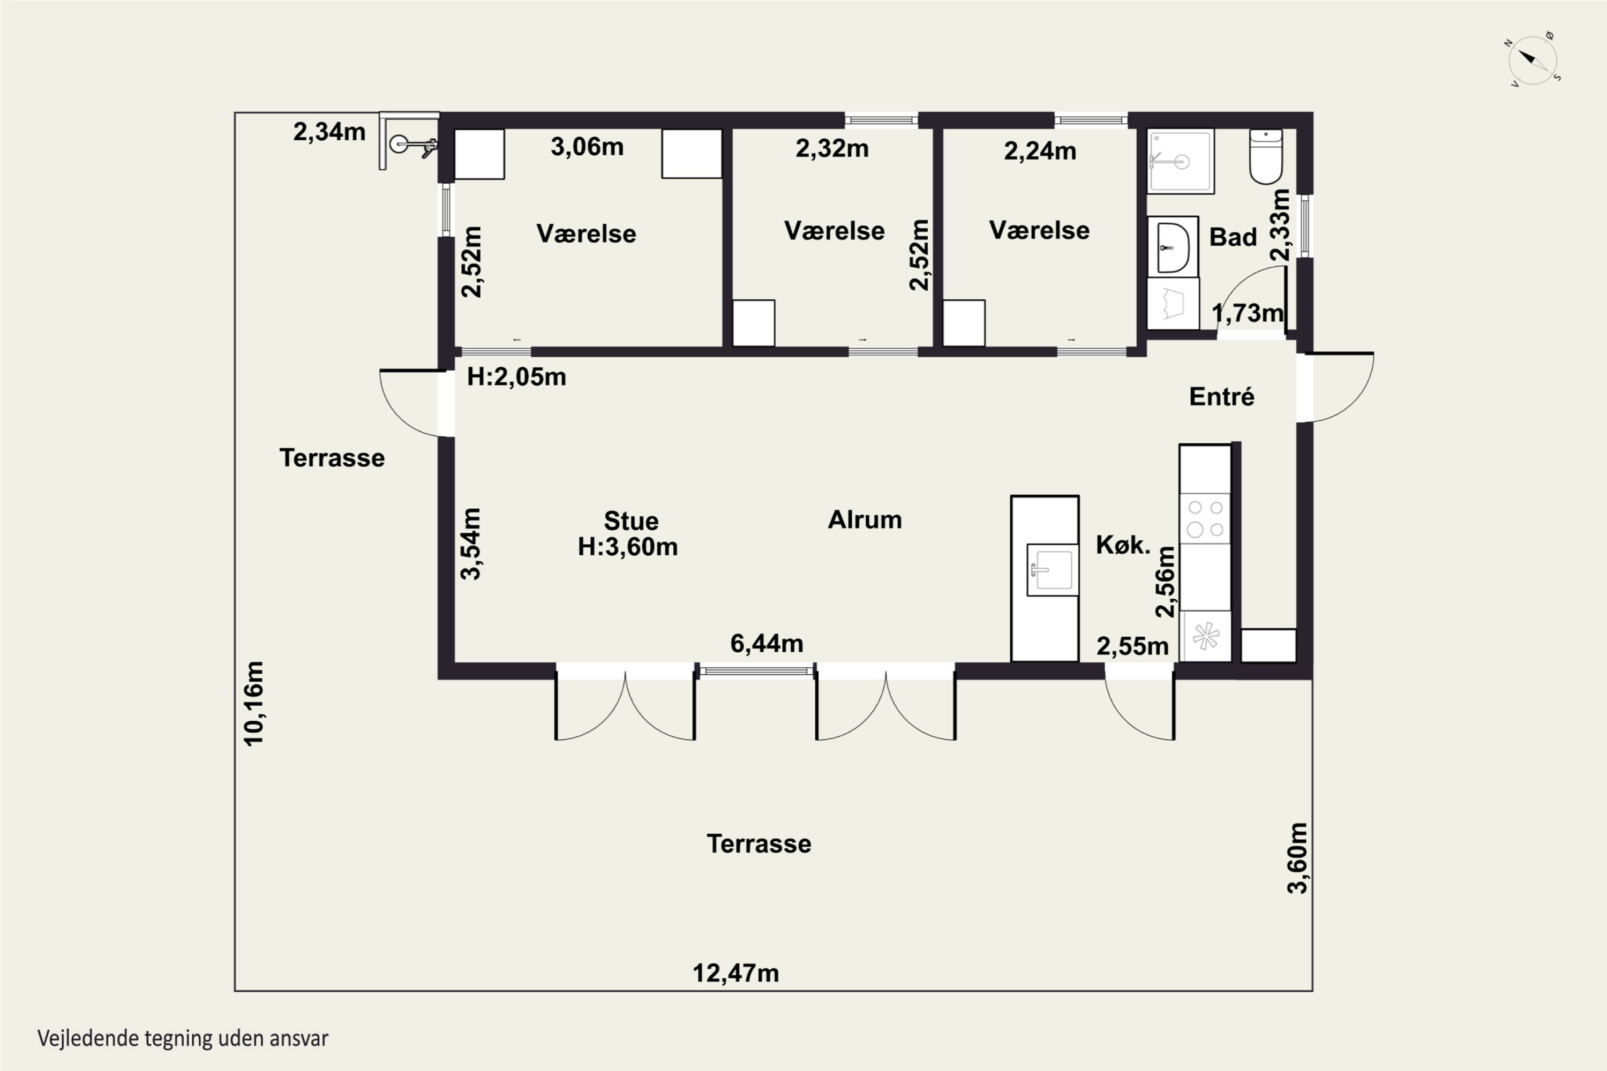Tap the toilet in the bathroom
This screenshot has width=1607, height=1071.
(x=1266, y=156)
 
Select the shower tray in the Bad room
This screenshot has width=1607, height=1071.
(x=1181, y=161)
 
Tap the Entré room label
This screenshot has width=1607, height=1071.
(x=1222, y=397)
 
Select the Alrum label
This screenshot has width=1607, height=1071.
(x=865, y=520)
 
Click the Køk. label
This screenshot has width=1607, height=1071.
(x=1123, y=545)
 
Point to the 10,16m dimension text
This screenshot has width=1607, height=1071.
(x=253, y=704)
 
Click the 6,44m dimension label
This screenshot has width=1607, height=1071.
(x=767, y=644)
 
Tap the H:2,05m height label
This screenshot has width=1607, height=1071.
(x=516, y=376)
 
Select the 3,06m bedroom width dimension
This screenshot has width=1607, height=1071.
(x=587, y=147)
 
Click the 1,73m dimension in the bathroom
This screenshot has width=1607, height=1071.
(x=1248, y=313)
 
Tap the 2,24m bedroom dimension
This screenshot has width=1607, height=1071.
(x=1040, y=151)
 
